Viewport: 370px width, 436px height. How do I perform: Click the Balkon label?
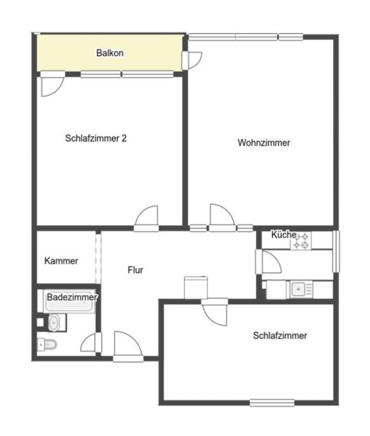click(x=110, y=53)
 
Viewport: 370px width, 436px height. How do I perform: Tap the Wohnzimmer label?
click(x=264, y=143)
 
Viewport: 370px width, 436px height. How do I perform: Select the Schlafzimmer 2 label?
click(x=96, y=138)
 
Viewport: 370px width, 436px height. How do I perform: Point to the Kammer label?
click(x=61, y=261)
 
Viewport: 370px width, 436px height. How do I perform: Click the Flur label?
click(x=135, y=269)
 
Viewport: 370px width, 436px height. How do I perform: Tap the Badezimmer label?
click(x=72, y=297)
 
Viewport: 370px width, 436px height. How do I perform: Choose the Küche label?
click(x=284, y=235)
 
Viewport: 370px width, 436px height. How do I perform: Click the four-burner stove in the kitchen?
click(x=301, y=241)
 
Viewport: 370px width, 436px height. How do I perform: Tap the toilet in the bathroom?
click(x=47, y=345)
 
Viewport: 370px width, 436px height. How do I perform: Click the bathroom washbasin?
click(x=54, y=323)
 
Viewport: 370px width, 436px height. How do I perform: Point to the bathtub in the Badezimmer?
click(x=69, y=301)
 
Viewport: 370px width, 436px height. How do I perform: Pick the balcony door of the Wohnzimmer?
click(x=192, y=60)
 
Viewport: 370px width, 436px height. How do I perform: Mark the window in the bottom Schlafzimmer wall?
click(x=272, y=402)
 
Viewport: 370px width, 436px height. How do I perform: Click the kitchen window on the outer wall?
click(x=336, y=252)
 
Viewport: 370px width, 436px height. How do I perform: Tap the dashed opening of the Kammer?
click(x=98, y=258)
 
